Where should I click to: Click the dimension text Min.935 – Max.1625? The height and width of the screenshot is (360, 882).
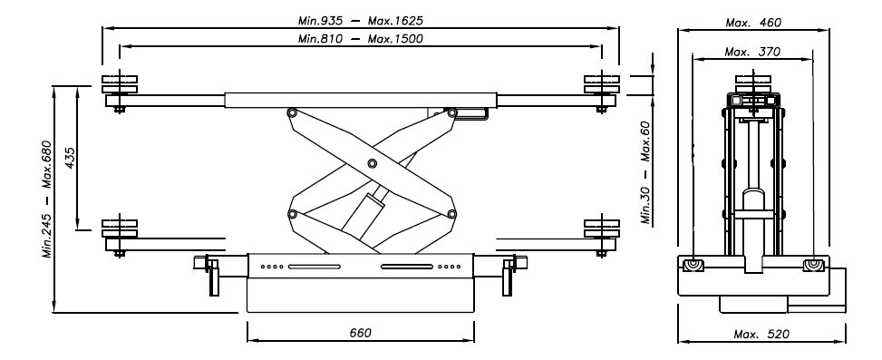coord(360,21)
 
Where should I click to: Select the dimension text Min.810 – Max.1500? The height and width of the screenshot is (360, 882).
coord(360,39)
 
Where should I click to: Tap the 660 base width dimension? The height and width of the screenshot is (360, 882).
coord(360,333)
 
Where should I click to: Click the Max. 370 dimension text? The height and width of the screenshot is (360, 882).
coord(752,52)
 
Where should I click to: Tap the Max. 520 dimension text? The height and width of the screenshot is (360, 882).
coord(761,334)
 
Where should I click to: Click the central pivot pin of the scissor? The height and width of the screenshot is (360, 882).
coord(372,163)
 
